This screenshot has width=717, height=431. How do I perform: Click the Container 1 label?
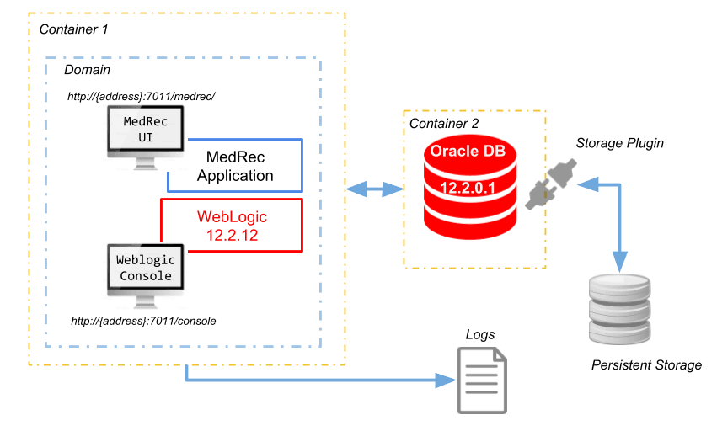pyautogui.click(x=74, y=29)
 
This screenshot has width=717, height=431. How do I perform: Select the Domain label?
pyautogui.click(x=87, y=69)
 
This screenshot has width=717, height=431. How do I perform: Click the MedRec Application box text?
pyautogui.click(x=235, y=166)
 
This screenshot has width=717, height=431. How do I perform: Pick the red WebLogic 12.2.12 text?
pyautogui.click(x=232, y=225)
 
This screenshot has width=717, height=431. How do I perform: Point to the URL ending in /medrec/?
pyautogui.click(x=142, y=96)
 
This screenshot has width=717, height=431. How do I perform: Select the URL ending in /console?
pyautogui.click(x=144, y=321)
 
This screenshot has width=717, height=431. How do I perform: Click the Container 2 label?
pyautogui.click(x=443, y=124)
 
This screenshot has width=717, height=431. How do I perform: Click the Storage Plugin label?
pyautogui.click(x=619, y=143)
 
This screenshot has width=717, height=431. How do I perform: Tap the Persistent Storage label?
pyautogui.click(x=646, y=365)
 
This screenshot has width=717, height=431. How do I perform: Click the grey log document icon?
pyautogui.click(x=482, y=380)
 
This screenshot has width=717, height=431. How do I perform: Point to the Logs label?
pyautogui.click(x=480, y=334)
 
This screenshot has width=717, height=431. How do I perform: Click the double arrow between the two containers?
pyautogui.click(x=375, y=190)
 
